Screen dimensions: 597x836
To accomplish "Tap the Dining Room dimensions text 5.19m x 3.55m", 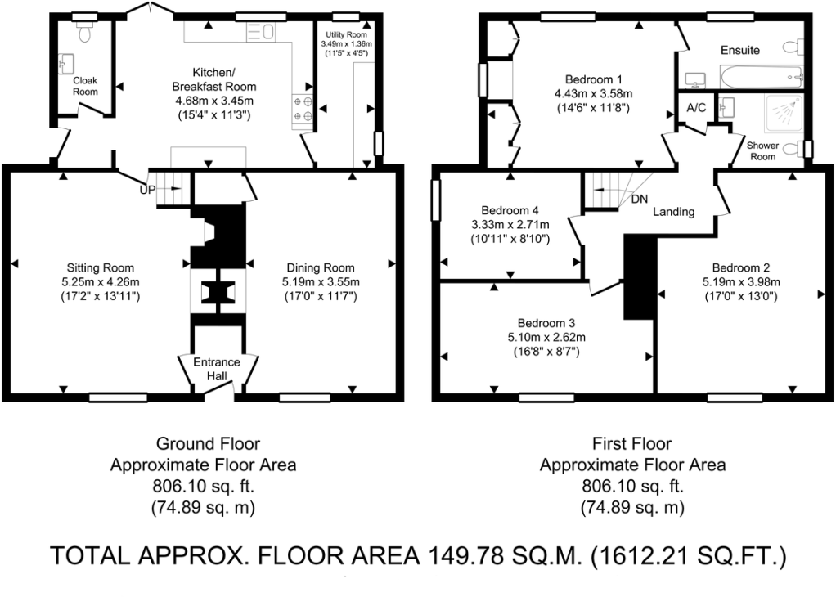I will pyautogui.click(x=320, y=282).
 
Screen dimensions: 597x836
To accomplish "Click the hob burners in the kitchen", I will pyautogui.click(x=300, y=110).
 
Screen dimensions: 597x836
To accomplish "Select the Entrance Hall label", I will pyautogui.click(x=217, y=369).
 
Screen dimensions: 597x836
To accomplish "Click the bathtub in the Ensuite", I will pyautogui.click(x=761, y=78).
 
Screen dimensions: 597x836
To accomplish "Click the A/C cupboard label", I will pyautogui.click(x=697, y=108).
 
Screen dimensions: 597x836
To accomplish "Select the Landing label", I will pyautogui.click(x=673, y=212).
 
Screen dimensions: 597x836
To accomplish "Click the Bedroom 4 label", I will pyautogui.click(x=510, y=209).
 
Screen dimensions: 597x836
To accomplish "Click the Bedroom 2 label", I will pyautogui.click(x=740, y=267).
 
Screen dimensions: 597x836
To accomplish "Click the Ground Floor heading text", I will pyautogui.click(x=208, y=444).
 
